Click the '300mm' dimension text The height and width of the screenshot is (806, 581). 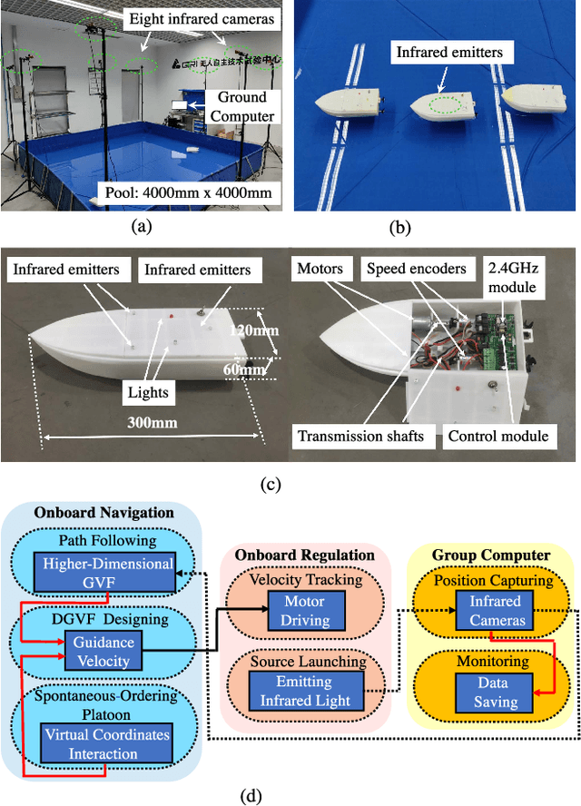[153, 421]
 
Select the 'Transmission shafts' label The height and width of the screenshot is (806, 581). [360, 436]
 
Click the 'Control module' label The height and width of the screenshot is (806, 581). [498, 436]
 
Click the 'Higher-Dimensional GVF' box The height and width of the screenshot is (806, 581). [108, 573]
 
